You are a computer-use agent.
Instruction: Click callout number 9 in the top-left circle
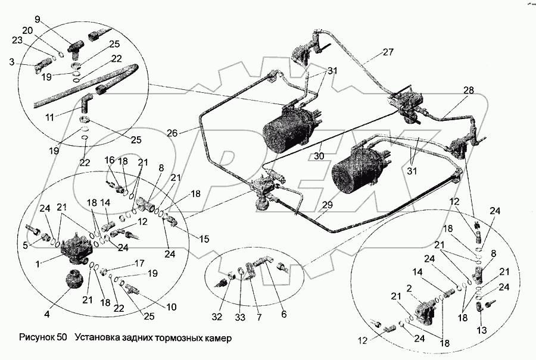38,20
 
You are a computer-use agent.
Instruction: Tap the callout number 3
12,61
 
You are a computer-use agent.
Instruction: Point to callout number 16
110,160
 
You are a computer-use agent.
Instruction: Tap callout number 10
172,307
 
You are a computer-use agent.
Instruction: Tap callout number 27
388,52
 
